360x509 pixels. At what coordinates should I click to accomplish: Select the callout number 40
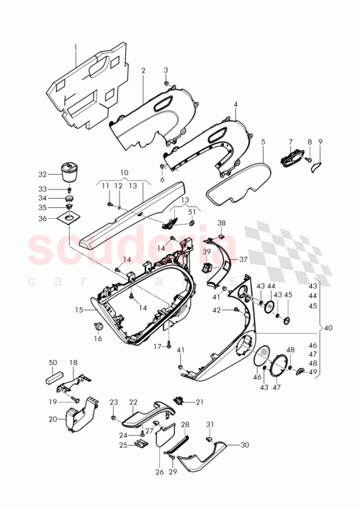click(329, 328)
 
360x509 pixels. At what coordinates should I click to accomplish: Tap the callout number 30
click(244, 445)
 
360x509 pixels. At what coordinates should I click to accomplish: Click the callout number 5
click(264, 142)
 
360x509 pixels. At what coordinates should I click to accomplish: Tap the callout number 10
click(125, 174)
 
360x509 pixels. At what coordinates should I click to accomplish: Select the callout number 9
click(320, 142)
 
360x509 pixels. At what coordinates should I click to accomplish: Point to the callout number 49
click(313, 371)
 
